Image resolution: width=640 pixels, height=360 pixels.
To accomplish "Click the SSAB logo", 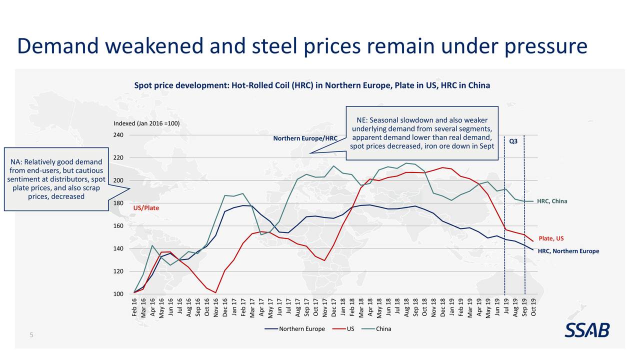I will coord(587,330).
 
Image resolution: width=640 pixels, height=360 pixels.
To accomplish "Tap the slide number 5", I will coord(31,335).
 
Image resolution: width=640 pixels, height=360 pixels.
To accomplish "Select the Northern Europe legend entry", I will coord(296,329).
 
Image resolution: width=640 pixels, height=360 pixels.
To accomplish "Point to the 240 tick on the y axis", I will coord(119,135).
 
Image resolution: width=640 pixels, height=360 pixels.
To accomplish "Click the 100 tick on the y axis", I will coord(119,294).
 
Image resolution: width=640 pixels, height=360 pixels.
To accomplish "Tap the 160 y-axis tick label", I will coord(119,226).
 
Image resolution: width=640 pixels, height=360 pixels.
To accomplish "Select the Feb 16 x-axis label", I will coord(134,307).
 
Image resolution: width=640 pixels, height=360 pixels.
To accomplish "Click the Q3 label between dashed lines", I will coord(513,141).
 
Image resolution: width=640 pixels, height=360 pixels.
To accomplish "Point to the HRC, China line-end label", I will coord(551,201).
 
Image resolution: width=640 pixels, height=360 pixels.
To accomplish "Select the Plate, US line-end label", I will coord(551,238).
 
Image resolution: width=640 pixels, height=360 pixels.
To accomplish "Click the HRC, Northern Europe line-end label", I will coord(568,251).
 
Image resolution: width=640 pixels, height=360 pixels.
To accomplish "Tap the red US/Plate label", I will coord(146,207).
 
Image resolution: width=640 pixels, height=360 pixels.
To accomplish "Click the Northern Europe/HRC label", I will coord(305,138).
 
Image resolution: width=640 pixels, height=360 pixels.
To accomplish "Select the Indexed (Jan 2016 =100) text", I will coord(146,123).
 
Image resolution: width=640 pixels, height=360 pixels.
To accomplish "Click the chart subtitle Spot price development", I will coord(312,85).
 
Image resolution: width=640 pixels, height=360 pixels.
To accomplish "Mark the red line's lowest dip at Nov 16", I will coord(215,292).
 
